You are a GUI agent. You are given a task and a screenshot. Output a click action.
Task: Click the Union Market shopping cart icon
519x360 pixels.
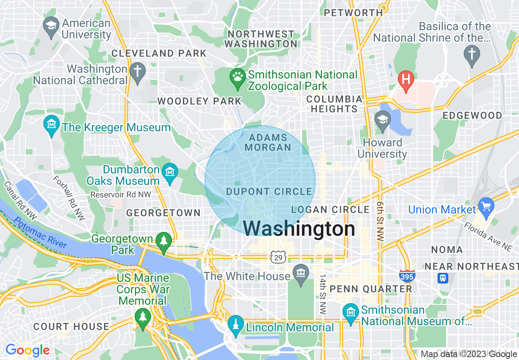pos(486,207)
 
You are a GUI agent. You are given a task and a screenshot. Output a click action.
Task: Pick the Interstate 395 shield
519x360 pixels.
pos(407,275)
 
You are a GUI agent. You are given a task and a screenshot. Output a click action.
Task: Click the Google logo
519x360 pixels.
pos(27,350)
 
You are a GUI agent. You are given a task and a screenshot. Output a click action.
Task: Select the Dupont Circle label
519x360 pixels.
pos(269,191)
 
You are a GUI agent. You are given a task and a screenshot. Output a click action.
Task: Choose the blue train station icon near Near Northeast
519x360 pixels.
pos(443,279)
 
